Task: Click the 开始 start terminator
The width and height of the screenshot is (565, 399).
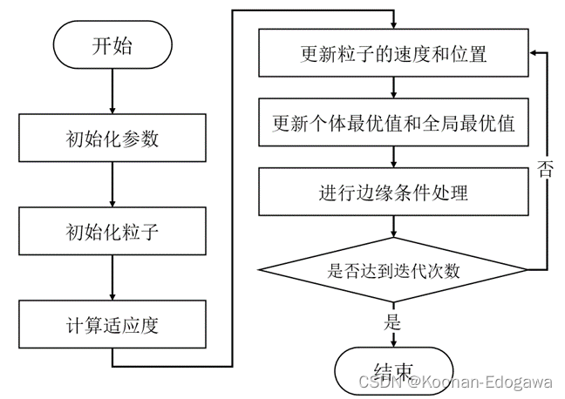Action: (112, 44)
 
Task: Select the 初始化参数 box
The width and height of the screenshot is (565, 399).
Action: (112, 138)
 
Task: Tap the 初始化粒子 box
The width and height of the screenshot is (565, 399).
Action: (112, 231)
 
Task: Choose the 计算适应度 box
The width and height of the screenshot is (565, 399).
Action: (112, 324)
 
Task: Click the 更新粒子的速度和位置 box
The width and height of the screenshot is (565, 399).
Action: (393, 53)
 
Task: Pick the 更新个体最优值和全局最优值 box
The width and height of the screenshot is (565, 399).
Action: (393, 123)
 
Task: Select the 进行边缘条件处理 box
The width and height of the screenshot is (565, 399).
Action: (393, 192)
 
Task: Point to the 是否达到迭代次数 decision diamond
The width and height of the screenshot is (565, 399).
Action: (393, 270)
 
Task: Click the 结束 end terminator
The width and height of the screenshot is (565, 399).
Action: (393, 371)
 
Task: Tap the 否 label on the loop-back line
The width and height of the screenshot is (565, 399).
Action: (545, 169)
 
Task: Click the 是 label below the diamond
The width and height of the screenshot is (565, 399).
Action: (392, 321)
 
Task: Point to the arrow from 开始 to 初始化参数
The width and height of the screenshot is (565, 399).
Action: (112, 91)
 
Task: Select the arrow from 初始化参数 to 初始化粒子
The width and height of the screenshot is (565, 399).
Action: (112, 185)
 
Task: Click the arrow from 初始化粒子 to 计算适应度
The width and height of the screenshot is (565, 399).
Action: (112, 278)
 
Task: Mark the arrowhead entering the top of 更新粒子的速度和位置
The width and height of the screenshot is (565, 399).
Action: (393, 25)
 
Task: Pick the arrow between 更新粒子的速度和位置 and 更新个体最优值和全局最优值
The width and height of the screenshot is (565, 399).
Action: (393, 87)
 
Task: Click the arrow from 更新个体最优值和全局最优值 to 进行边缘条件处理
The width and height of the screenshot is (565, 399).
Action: (393, 157)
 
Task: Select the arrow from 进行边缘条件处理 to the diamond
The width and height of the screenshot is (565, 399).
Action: (393, 227)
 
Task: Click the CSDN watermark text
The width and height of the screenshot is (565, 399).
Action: (455, 382)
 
